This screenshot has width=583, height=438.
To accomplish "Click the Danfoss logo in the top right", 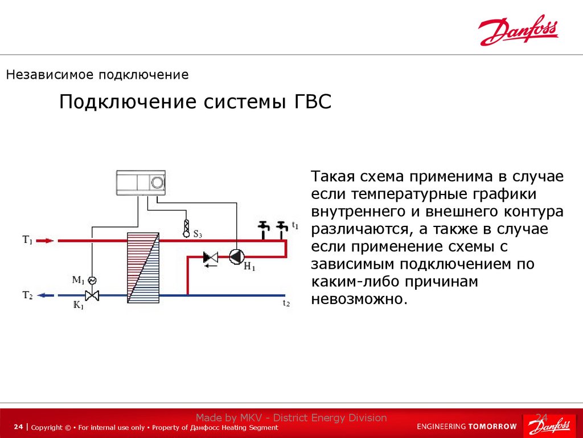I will [518, 31].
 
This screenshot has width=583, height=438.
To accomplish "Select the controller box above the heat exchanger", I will [141, 182].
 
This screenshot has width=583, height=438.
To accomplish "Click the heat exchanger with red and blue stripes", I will [143, 268].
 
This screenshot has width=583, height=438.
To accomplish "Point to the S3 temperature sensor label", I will [198, 234].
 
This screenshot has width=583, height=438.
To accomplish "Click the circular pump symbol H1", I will [236, 257].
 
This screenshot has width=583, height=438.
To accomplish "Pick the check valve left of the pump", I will [211, 258].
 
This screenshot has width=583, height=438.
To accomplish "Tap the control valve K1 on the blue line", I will [92, 295].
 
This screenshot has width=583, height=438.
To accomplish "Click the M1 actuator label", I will [78, 279].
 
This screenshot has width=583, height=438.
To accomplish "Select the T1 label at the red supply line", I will [28, 240].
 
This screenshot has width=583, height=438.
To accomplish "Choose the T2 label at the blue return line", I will [28, 295].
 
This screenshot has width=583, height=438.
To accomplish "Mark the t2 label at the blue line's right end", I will [286, 304].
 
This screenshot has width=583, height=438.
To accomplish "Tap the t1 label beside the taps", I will [294, 225].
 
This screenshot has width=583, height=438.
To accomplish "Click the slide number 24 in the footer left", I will [19, 427].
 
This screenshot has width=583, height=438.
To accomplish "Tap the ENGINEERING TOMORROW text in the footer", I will [467, 427].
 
